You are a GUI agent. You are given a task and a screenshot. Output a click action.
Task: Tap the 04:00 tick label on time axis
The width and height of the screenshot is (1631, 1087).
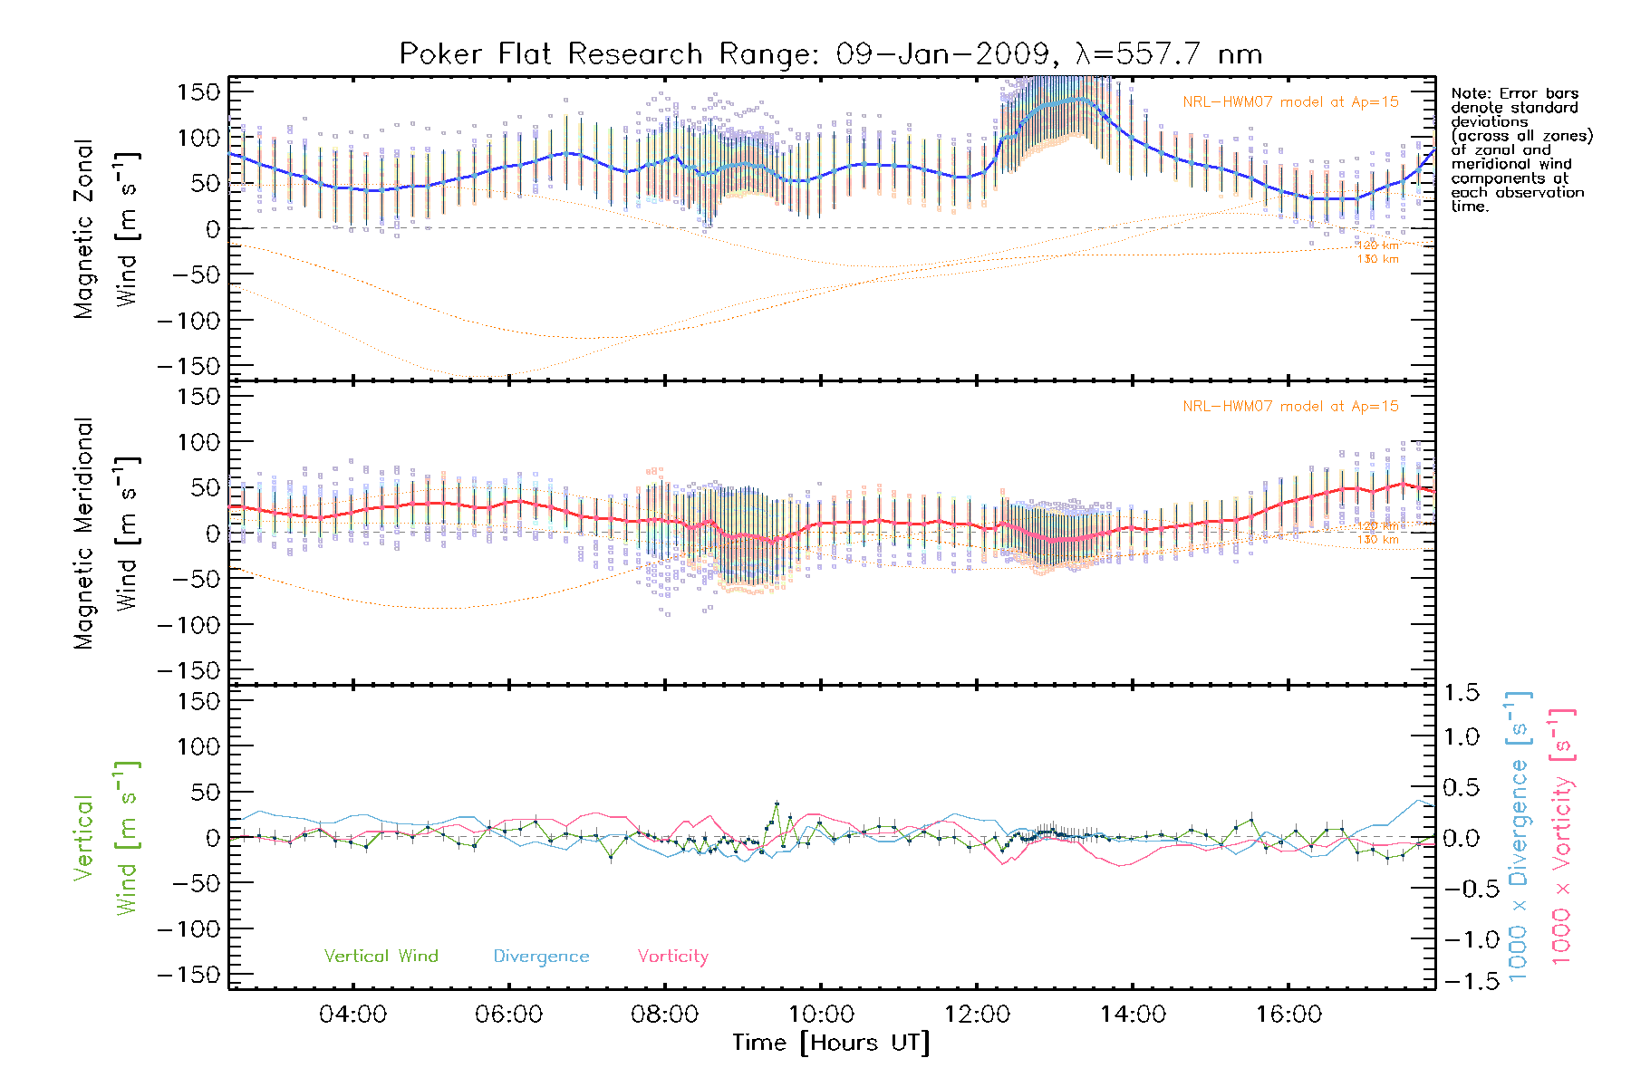tap(352, 1015)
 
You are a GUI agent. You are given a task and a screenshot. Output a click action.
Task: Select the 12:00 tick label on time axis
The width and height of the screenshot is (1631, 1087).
tap(977, 1015)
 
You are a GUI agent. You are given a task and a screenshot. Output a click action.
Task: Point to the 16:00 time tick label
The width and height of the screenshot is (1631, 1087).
tap(1288, 1015)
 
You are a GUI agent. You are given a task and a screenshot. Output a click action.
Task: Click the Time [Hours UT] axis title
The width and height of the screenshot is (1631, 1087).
tap(831, 1043)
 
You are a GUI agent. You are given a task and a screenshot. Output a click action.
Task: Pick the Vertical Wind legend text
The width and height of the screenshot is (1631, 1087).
tap(381, 956)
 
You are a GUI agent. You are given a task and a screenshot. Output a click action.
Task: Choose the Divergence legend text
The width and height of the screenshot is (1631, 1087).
tap(541, 956)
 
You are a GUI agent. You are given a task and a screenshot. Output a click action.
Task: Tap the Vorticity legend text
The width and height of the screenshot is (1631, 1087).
tap(672, 956)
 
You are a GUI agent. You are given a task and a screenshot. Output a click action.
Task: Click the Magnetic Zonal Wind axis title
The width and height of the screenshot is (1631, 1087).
tap(103, 228)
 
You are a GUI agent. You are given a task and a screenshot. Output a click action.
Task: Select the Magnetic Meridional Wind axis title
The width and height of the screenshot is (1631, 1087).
tap(103, 534)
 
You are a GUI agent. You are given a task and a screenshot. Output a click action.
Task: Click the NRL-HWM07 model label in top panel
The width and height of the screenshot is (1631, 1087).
tap(1290, 102)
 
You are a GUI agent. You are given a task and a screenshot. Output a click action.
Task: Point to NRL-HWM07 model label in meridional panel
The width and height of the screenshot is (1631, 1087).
tap(1290, 407)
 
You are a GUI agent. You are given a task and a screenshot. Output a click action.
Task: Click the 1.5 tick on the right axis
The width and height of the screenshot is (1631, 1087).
tap(1462, 693)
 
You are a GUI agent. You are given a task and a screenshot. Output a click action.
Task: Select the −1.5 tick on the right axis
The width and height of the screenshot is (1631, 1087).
tap(1462, 981)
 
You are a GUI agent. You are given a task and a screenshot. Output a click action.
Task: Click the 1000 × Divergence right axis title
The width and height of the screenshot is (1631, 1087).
tap(1518, 836)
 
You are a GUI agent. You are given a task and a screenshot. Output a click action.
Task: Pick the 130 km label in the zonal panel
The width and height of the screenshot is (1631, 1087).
tap(1377, 259)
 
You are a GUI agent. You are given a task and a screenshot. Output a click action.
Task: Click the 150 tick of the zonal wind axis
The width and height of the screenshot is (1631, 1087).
tap(198, 91)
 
